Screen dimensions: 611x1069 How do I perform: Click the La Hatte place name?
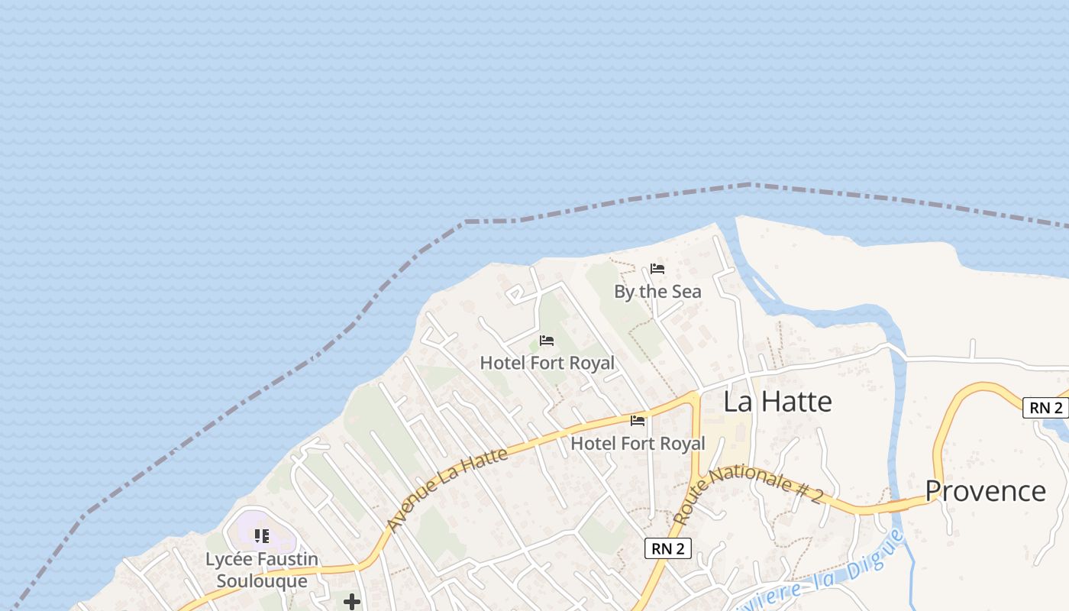click(777, 402)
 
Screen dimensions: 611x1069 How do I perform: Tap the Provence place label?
click(985, 490)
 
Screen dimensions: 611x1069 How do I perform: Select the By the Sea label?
click(657, 292)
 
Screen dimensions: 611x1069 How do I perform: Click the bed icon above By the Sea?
click(657, 269)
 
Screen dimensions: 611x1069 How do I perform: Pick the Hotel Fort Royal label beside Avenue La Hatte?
click(638, 443)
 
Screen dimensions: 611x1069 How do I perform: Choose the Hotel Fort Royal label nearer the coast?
click(547, 363)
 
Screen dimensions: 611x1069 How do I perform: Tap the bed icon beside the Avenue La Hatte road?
click(638, 420)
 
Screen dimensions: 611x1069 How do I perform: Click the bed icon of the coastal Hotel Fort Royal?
click(547, 341)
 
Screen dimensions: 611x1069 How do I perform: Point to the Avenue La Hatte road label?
click(447, 489)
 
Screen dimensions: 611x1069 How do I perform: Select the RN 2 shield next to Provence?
click(1045, 408)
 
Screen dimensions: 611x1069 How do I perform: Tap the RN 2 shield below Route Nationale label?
click(667, 548)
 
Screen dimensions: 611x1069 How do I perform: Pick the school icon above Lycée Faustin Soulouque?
click(262, 536)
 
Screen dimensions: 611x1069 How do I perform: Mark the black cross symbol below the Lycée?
click(351, 602)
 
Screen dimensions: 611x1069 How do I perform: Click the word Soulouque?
click(262, 581)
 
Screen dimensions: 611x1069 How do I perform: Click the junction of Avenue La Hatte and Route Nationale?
click(696, 396)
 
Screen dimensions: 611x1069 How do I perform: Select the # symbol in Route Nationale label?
click(799, 488)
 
